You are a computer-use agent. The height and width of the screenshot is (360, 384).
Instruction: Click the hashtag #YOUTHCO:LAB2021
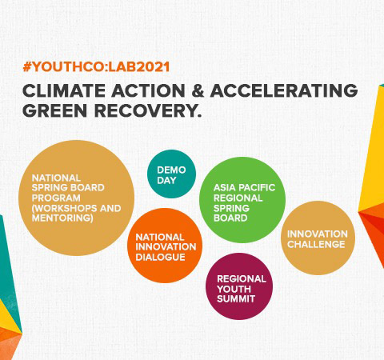(x=96, y=66)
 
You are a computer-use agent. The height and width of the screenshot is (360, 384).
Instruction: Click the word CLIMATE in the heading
(x=64, y=90)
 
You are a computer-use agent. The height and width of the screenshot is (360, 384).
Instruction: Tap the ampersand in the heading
(x=198, y=90)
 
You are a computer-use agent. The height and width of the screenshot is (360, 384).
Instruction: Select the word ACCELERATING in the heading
(x=284, y=90)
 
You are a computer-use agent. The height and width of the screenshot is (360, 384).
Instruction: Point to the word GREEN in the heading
(x=55, y=110)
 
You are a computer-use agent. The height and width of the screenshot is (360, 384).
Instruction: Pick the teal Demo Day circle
(x=171, y=174)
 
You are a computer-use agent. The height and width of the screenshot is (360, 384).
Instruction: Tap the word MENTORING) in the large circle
(x=62, y=218)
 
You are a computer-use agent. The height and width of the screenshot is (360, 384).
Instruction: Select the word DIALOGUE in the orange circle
(x=160, y=257)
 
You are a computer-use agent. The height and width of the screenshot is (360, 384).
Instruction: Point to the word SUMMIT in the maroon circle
(x=236, y=299)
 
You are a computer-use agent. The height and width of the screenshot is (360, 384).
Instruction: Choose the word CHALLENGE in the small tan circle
(x=316, y=244)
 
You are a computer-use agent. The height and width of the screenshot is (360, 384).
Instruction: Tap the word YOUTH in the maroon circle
(x=234, y=289)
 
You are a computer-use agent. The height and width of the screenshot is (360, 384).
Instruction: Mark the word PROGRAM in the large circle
(x=56, y=198)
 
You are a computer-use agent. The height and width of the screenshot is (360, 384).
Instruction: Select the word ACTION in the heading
(x=148, y=90)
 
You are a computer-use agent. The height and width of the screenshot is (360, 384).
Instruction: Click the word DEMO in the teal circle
(x=171, y=170)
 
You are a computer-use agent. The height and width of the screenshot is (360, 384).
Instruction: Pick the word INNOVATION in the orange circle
(x=166, y=247)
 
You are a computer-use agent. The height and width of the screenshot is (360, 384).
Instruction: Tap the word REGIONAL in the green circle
(x=238, y=198)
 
